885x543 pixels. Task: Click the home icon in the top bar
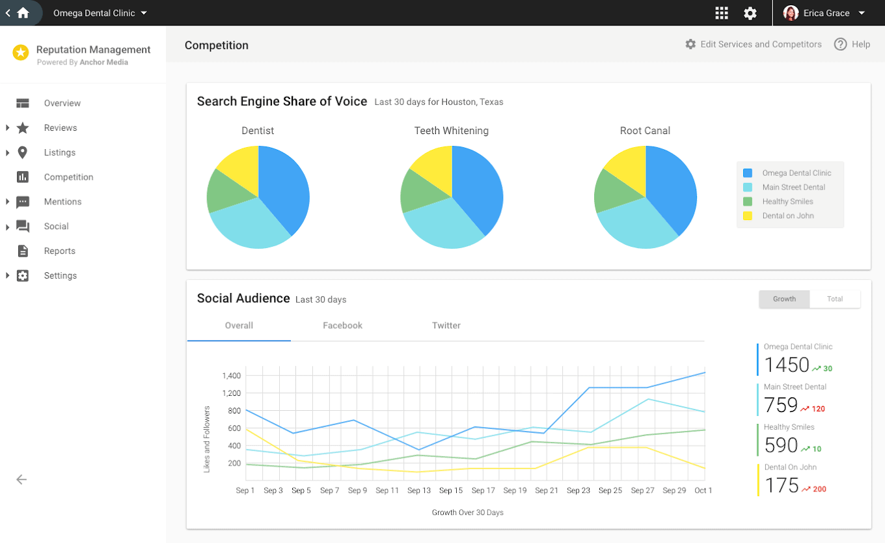click(23, 13)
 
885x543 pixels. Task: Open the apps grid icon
click(721, 13)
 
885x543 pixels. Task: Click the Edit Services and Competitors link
click(753, 44)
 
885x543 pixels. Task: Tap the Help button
click(852, 44)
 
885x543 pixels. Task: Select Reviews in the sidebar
click(61, 128)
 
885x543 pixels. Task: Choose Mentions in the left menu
click(62, 202)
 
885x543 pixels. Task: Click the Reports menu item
click(59, 251)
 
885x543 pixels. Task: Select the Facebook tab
click(342, 326)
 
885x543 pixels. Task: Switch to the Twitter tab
click(446, 326)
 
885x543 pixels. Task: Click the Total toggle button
click(835, 299)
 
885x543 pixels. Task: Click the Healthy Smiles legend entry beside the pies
click(787, 202)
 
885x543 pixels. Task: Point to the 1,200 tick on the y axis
click(231, 393)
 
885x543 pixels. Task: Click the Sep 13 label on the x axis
click(418, 490)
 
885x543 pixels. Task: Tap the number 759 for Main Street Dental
click(780, 406)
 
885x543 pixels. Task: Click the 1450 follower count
click(786, 365)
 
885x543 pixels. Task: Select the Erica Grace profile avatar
click(791, 13)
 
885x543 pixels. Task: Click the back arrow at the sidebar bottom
click(21, 480)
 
